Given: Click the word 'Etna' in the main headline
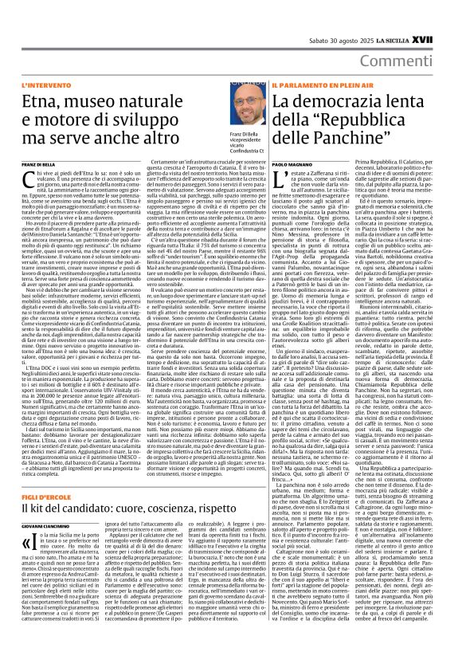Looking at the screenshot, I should tap(40, 102).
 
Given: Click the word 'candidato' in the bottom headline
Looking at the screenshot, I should tap(90, 485).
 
